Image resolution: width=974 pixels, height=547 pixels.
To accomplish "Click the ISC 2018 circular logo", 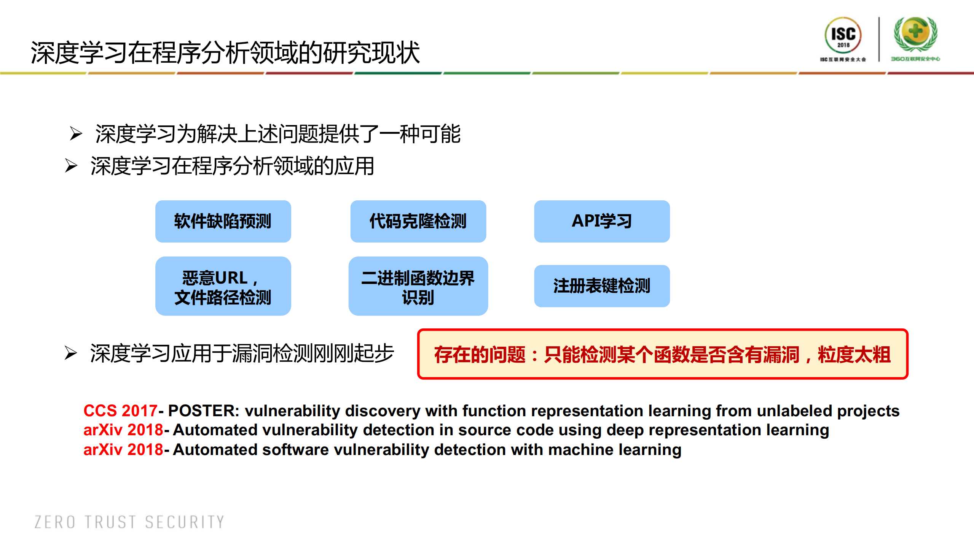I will click(843, 35).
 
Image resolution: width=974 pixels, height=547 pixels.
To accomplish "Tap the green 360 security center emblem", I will click(915, 34).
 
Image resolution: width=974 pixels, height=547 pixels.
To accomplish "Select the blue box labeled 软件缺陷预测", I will click(223, 221).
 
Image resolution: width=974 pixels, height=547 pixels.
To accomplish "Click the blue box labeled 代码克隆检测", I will click(418, 221).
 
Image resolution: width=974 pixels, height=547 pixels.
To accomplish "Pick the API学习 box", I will click(601, 221).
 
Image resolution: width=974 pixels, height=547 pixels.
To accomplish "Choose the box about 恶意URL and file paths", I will click(223, 286).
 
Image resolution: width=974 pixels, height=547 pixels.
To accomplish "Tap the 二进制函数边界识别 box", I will click(418, 286).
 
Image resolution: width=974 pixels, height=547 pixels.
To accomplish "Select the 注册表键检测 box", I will click(601, 286).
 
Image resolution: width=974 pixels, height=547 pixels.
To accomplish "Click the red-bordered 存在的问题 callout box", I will click(662, 354).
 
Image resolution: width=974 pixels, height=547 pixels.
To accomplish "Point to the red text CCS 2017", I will click(120, 411).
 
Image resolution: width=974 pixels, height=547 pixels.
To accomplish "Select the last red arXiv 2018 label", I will click(123, 450).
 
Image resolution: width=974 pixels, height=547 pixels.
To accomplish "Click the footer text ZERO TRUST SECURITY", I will click(129, 522).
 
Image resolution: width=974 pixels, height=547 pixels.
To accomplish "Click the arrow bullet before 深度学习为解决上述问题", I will click(76, 133).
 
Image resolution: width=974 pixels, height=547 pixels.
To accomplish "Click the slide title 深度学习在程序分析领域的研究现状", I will click(225, 52).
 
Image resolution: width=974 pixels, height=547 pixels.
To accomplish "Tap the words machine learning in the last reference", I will click(614, 450).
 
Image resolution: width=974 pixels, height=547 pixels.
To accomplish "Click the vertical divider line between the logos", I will click(879, 39).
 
